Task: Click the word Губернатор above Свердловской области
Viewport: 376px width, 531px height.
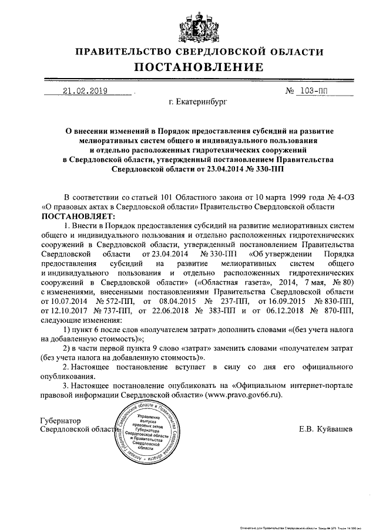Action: (x=61, y=421)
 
